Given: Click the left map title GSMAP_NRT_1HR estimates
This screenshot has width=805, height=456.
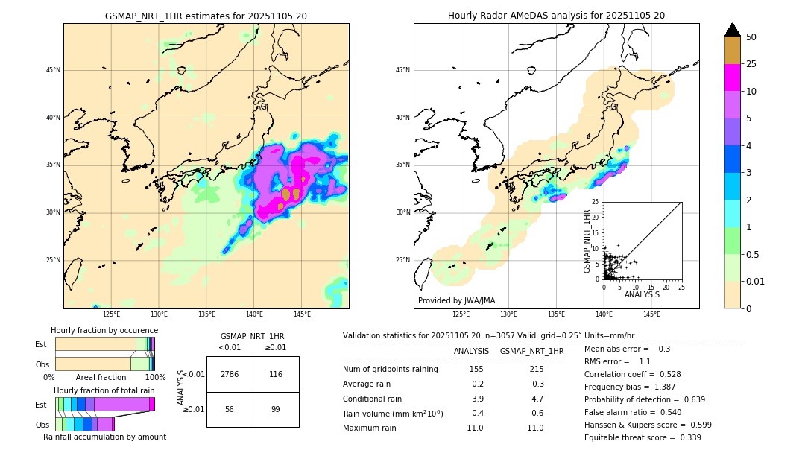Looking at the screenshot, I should point(206,16).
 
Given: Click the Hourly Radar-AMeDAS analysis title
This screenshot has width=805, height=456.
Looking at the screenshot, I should point(556,16).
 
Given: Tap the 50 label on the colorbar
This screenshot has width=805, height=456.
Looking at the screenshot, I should point(751,37).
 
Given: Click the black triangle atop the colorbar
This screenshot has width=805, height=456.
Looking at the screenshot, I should point(733,30).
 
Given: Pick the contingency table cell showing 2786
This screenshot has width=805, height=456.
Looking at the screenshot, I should point(230,374).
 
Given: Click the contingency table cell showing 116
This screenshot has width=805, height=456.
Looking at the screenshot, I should point(276,374).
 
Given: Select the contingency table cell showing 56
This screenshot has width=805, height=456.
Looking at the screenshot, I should point(230,410).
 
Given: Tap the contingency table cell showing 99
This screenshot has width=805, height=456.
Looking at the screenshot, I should point(276,410).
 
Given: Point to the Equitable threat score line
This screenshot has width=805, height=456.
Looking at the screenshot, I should point(643,437).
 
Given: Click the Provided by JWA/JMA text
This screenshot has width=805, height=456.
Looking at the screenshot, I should point(456,301).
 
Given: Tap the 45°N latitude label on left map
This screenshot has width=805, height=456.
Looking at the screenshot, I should point(53,70).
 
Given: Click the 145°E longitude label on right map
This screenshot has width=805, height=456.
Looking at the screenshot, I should point(651,314).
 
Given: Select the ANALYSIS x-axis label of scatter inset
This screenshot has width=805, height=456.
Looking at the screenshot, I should point(642,294).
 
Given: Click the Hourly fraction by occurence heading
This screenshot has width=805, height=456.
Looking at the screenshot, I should point(104,330).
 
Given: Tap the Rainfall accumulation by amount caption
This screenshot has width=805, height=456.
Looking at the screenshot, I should point(104,437).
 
